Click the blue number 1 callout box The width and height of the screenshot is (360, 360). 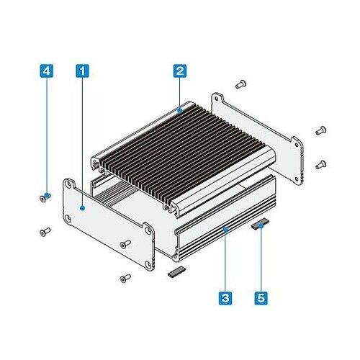point(82,71)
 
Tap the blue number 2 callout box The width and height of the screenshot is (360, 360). point(180,71)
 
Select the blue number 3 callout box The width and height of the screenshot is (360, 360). point(225,298)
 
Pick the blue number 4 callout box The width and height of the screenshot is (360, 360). point(47,71)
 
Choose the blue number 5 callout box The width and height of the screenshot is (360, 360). point(261,298)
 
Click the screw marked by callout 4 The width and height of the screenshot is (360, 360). point(45,197)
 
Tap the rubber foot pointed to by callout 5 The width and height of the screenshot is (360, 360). point(260,224)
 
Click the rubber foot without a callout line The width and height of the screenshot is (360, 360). point(177,272)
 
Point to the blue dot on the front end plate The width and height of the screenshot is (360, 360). point(83,208)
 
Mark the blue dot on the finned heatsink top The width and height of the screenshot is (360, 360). point(180,111)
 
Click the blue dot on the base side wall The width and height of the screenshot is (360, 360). point(225,230)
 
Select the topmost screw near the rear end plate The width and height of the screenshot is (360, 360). point(240,84)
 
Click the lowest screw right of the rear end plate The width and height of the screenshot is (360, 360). point(321,165)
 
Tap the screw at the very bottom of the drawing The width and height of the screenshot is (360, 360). point(125,279)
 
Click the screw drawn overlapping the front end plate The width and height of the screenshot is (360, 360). point(125,244)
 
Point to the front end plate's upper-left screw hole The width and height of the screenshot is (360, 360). point(68,185)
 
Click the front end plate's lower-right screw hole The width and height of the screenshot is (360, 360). point(148,265)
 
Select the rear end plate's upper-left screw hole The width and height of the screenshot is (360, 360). point(217,99)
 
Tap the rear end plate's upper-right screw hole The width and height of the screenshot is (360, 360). point(297,145)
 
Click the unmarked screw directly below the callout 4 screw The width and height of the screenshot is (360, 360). point(45,232)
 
